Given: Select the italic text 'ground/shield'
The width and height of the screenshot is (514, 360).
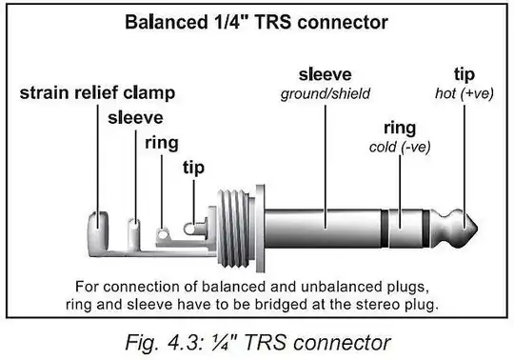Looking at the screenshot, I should point(326,93).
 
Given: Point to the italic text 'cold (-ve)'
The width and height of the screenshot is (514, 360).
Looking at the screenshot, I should point(399,147).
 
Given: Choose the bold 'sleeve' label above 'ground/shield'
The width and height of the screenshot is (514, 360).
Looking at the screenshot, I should point(326,74).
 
